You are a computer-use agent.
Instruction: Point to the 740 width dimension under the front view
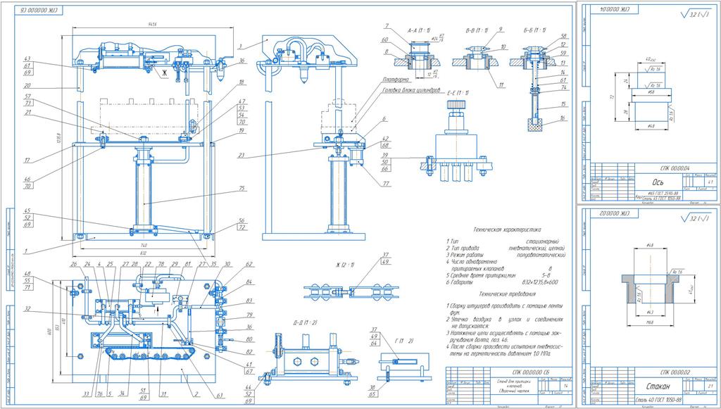[144, 239]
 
